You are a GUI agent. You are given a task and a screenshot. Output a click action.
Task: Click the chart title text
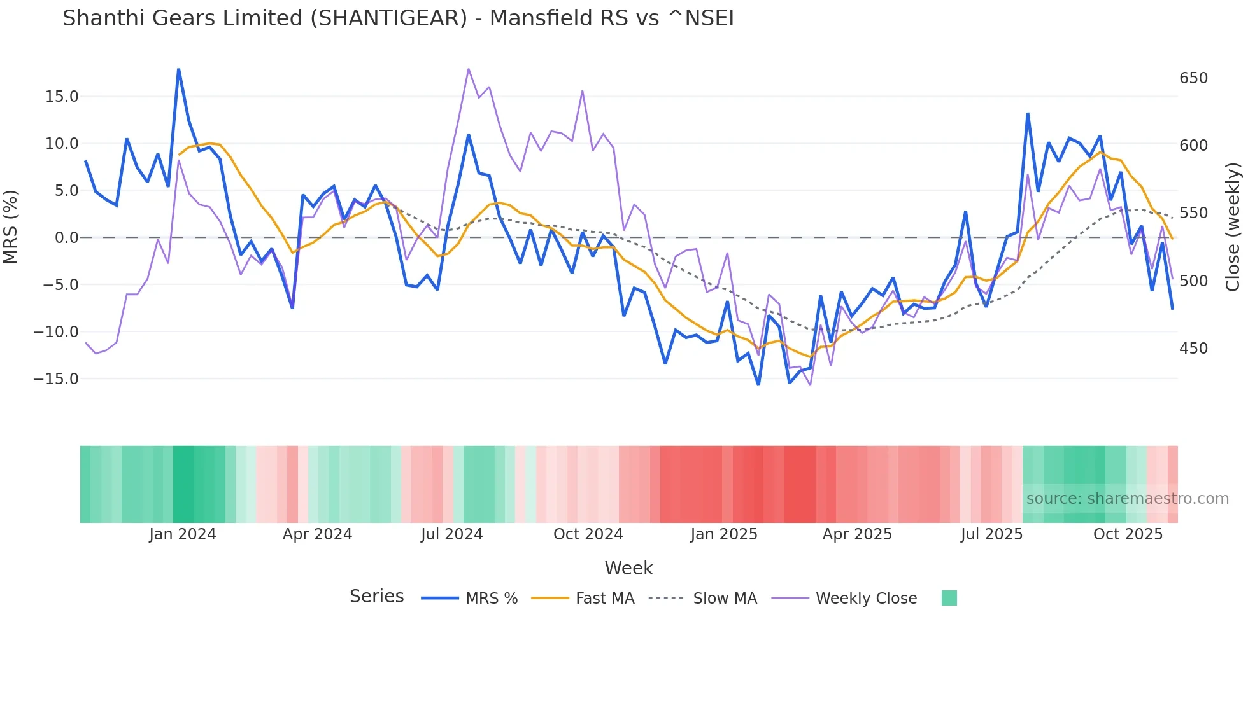[398, 18]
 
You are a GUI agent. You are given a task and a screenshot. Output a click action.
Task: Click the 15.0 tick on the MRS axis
[62, 97]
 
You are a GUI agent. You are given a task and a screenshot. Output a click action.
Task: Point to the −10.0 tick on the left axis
[56, 332]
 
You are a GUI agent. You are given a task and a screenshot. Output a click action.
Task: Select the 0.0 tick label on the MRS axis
[66, 238]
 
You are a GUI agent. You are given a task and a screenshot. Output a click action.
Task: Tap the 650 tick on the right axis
[1193, 78]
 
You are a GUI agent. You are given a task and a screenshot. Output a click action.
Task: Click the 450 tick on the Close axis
[1193, 349]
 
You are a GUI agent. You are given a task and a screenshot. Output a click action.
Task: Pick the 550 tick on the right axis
[1193, 213]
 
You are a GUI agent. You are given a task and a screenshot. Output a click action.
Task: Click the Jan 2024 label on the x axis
[183, 534]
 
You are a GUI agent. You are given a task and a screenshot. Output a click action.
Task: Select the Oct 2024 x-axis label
[588, 534]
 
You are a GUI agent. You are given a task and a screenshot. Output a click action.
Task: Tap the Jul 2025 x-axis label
[991, 534]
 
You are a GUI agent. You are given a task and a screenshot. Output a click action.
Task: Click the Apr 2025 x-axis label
[857, 534]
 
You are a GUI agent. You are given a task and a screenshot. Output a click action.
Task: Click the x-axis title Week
[628, 568]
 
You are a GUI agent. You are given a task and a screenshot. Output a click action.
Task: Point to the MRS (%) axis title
[11, 226]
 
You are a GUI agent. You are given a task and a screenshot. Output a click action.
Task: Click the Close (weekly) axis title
[1233, 227]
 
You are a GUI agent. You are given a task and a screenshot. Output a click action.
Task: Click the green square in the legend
[949, 598]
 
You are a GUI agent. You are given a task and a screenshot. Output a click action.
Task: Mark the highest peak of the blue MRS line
[178, 69]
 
